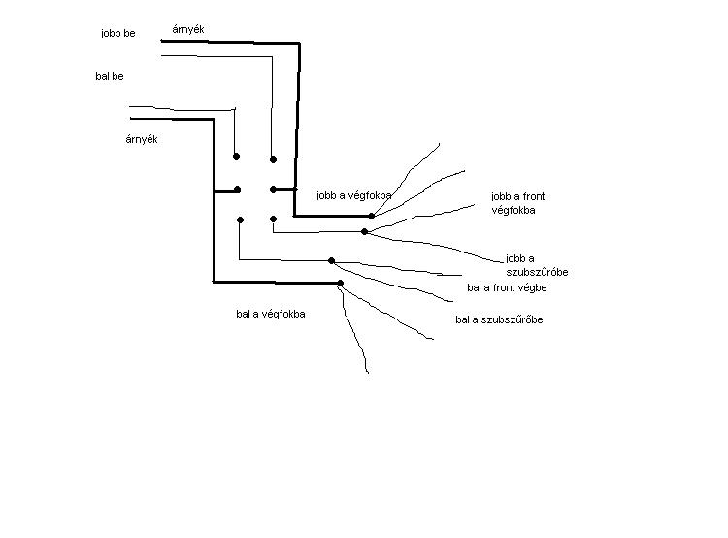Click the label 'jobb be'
tap(117, 34)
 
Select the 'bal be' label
tap(110, 76)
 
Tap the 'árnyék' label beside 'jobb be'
tap(187, 29)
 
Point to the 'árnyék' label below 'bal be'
tap(142, 139)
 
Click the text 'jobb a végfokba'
tap(354, 195)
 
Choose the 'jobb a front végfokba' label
tap(518, 203)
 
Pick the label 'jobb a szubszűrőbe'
tap(537, 265)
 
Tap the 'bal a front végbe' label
tap(507, 287)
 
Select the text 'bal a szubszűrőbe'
tap(499, 319)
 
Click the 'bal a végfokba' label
tap(271, 314)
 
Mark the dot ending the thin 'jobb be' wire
tap(274, 159)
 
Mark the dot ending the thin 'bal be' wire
tap(236, 156)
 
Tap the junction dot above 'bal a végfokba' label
tap(340, 284)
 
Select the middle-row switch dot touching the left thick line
tap(237, 190)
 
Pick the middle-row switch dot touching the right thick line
tap(274, 189)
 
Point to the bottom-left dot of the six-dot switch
tap(238, 219)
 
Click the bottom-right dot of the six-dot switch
tap(274, 219)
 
